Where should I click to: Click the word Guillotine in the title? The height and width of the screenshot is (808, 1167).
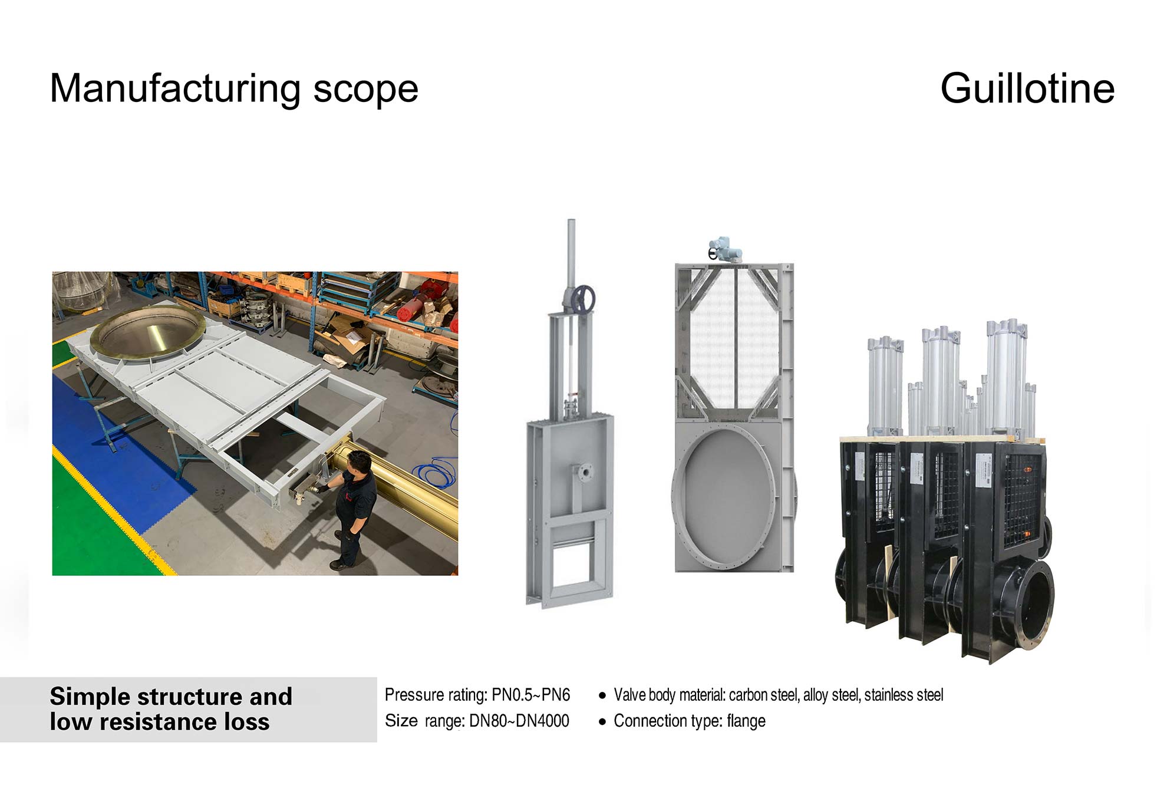pyautogui.click(x=1027, y=88)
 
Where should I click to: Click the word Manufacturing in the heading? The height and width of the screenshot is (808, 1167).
pyautogui.click(x=174, y=88)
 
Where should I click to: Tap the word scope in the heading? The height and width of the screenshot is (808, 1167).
pyautogui.click(x=365, y=90)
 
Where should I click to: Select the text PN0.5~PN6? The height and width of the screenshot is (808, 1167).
pyautogui.click(x=530, y=695)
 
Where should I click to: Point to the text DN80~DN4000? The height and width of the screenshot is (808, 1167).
pyautogui.click(x=519, y=721)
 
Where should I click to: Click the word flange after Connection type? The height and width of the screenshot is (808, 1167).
pyautogui.click(x=746, y=721)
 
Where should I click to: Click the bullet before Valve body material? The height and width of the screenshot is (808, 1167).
pyautogui.click(x=602, y=696)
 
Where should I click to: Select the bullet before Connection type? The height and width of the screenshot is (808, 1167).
pyautogui.click(x=602, y=722)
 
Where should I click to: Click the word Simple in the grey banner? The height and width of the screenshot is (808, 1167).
pyautogui.click(x=90, y=697)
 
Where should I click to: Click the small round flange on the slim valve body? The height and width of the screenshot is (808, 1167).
pyautogui.click(x=585, y=472)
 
